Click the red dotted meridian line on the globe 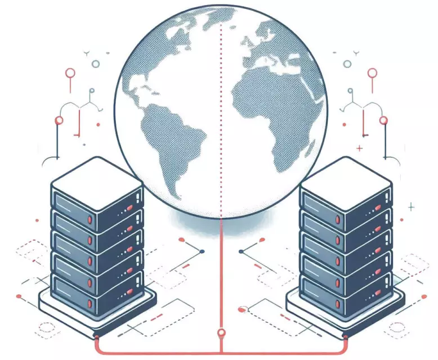coord(221,112)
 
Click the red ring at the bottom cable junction coord(221,333)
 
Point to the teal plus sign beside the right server coord(411,208)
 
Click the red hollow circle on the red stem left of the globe coord(70,73)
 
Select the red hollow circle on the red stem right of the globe coord(372,73)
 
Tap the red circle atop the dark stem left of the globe coord(57,120)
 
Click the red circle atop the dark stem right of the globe coord(383,120)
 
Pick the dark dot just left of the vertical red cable coord(201,251)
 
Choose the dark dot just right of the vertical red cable coord(241,251)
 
